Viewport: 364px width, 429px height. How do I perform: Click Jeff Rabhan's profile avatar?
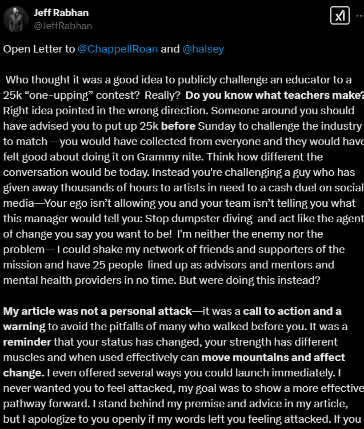16,19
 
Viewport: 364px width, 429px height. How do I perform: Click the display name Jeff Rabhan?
62,13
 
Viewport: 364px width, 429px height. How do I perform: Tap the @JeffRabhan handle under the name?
63,26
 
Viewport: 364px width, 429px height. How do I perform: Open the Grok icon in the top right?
340,16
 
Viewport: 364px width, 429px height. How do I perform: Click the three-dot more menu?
359,16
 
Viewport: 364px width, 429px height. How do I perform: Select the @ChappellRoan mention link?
118,49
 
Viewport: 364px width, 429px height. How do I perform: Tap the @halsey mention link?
203,49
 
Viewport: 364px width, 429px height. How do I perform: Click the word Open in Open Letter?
17,49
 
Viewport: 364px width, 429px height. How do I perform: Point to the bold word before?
178,126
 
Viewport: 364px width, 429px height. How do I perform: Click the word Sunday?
217,126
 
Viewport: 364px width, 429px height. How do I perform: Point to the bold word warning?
23,326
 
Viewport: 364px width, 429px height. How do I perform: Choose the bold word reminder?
27,342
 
